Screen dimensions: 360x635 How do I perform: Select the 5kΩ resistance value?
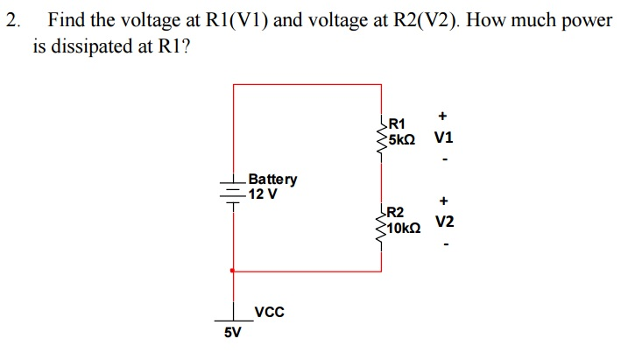403,138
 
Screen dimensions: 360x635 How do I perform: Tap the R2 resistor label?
395,212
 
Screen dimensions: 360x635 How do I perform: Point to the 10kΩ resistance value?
404,227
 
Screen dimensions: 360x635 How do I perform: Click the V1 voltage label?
443,138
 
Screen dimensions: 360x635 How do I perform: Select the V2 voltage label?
444,222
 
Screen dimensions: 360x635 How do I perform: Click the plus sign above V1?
443,116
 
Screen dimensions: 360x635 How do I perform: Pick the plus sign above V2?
444,200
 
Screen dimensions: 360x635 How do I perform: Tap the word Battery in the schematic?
272,180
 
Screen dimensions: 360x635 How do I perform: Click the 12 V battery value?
262,194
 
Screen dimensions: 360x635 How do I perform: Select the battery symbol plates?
232,189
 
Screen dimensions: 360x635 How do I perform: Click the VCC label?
269,312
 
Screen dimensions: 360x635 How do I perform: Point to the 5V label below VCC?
232,333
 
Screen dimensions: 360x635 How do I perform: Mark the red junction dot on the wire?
232,272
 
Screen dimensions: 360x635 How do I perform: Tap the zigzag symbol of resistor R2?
381,224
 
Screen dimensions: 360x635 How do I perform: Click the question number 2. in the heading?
11,20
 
